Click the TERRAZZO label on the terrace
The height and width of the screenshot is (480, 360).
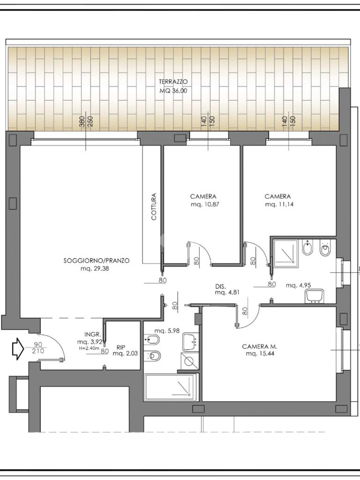tap(173, 82)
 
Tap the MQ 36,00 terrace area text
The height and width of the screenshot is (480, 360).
tap(173, 91)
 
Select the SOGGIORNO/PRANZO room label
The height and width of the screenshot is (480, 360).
tap(97, 261)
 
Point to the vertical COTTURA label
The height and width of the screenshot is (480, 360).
tap(154, 206)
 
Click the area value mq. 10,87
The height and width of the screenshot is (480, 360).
tap(203, 204)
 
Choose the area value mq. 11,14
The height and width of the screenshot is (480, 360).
tap(279, 204)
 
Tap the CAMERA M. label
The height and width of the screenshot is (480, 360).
tap(260, 346)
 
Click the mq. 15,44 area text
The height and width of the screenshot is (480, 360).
tap(260, 354)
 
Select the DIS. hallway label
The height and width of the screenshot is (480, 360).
tap(220, 287)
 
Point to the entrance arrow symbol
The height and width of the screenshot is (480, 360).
tap(18, 348)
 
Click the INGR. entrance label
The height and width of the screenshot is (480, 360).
tap(91, 334)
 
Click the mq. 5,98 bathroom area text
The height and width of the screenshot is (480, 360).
tap(167, 331)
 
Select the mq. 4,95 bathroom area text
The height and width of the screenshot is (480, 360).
tap(299, 285)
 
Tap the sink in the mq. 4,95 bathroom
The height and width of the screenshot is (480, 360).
tap(315, 296)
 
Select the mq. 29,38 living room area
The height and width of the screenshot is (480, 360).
tap(95, 269)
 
